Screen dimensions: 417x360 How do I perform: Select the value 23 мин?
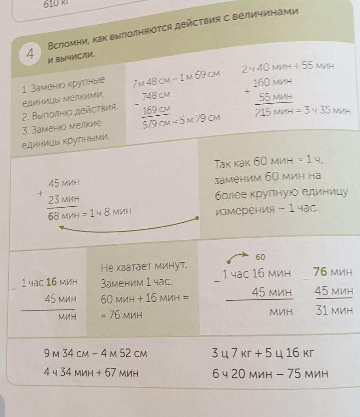[x=64, y=199]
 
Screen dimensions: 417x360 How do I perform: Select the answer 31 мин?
[x=334, y=310]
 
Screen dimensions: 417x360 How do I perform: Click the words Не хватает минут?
[x=146, y=265]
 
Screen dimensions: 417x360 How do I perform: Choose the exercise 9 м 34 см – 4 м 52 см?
[x=96, y=354]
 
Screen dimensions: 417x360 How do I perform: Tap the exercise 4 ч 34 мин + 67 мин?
[x=91, y=373]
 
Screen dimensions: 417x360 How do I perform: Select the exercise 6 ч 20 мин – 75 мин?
[x=270, y=373]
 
